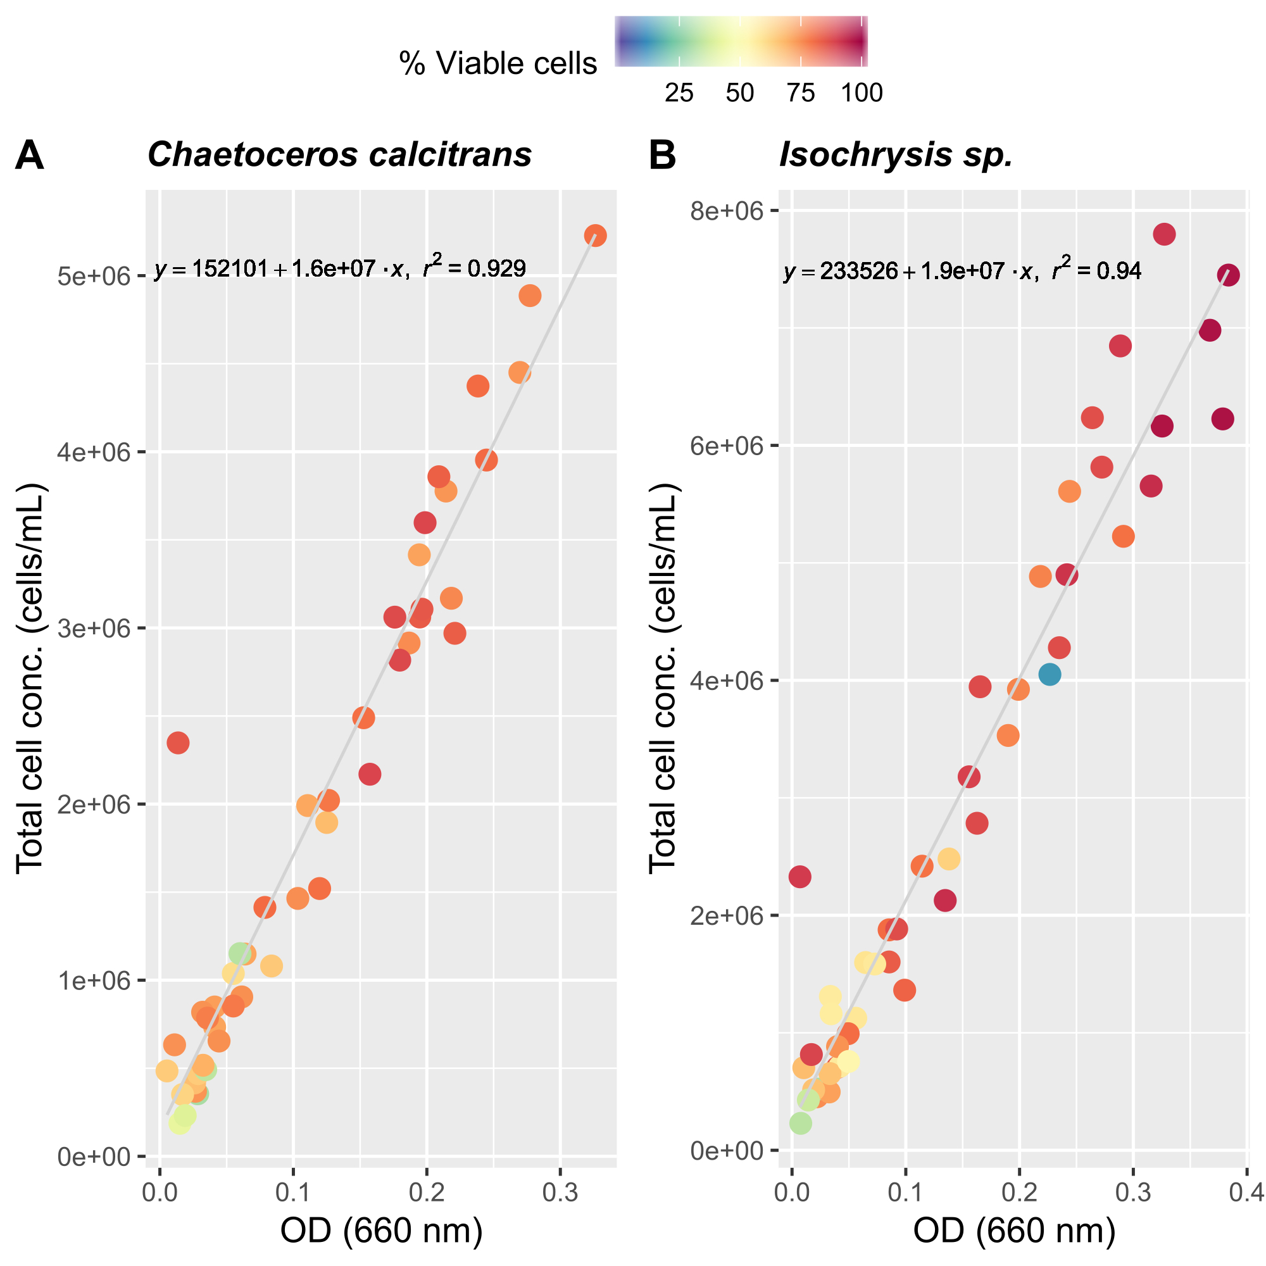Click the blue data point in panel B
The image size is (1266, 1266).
(x=1049, y=674)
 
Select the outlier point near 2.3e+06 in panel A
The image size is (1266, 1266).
(x=179, y=743)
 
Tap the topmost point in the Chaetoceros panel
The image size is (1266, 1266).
(x=595, y=235)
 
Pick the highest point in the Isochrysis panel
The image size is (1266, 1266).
(x=1165, y=234)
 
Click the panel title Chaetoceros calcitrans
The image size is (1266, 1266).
(x=339, y=155)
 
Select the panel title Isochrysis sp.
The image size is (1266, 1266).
(x=896, y=155)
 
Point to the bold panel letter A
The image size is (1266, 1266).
(x=30, y=156)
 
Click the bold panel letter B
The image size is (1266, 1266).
(x=662, y=156)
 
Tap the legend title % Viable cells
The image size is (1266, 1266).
(x=498, y=63)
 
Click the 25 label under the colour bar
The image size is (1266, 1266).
(x=679, y=93)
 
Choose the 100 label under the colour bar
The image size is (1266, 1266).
(x=862, y=93)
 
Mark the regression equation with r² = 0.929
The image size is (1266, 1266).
(x=340, y=268)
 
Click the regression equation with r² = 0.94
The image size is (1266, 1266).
(x=962, y=271)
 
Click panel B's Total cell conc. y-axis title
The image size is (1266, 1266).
(x=663, y=678)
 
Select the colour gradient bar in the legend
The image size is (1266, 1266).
(x=741, y=41)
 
